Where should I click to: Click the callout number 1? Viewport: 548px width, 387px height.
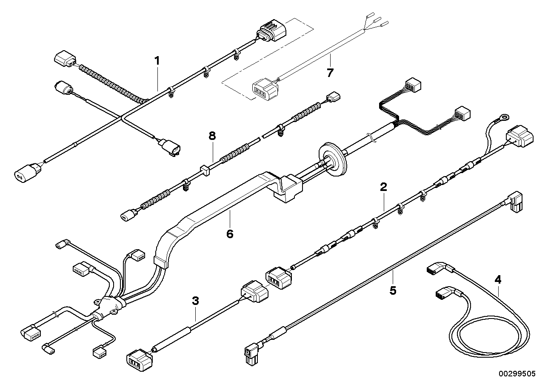[x=157, y=61]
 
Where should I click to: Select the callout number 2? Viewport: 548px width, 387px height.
[x=383, y=186]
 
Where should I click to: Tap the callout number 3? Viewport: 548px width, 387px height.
[x=195, y=301]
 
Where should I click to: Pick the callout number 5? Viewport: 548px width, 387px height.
[x=393, y=290]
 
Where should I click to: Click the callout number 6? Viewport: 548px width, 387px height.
[x=230, y=233]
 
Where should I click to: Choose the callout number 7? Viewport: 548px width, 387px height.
[x=330, y=73]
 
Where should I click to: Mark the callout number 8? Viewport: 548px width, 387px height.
[x=212, y=136]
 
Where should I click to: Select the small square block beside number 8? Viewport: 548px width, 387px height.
[x=204, y=171]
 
